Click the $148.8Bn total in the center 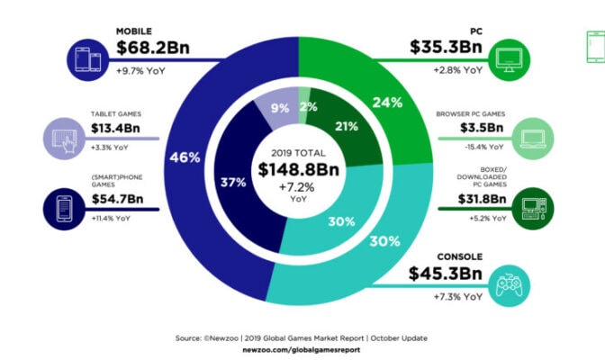(x=302, y=170)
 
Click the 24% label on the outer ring (x=387, y=103)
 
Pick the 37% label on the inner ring (x=235, y=184)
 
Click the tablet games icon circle (x=62, y=139)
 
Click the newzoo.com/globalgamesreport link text (x=302, y=349)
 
